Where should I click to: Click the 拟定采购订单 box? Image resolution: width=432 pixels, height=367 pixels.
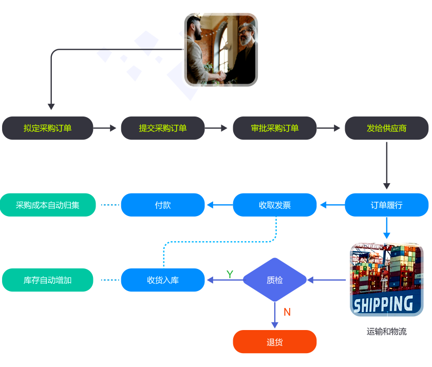48,128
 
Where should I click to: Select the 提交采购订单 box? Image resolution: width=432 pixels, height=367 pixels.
163,128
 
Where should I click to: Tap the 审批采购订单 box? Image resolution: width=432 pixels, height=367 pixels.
275,128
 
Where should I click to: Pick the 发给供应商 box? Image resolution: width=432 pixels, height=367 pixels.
386,128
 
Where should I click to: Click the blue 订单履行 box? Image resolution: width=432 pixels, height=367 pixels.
386,205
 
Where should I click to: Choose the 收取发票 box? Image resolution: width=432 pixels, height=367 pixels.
275,205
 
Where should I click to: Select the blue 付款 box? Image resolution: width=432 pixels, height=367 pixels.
163,205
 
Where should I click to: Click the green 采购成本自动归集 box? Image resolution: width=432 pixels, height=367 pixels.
48,205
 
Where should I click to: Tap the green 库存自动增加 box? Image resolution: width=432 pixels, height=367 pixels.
48,280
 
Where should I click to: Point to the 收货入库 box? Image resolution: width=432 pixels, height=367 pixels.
163,280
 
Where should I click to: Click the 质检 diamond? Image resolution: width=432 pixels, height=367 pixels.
275,280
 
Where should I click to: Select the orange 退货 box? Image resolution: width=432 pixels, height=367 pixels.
275,342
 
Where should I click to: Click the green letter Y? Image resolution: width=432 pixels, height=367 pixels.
230,275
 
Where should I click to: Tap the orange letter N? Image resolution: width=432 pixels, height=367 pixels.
287,312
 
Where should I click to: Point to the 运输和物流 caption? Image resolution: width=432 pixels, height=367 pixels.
386,332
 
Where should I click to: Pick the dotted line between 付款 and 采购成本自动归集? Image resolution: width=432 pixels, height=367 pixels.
109,205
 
